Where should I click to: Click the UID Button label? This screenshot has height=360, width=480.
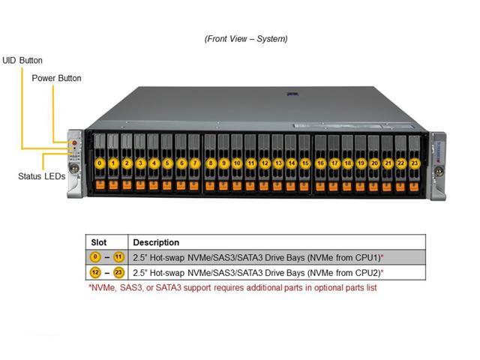coord(22,60)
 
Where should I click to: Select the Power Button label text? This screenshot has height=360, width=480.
coord(56,78)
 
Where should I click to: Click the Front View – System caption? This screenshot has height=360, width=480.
coord(245,38)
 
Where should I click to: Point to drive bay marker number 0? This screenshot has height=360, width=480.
coord(100,162)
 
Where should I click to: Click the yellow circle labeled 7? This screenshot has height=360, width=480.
coord(194,162)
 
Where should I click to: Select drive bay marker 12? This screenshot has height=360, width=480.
coord(264,162)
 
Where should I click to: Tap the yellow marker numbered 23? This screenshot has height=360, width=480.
coord(414,162)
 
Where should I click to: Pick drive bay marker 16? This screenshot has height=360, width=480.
coord(320,162)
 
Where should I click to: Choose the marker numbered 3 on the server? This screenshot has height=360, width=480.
coord(140,162)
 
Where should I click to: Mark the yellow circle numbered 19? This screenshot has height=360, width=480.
coord(361,162)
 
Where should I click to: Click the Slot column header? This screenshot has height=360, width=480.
coord(99,242)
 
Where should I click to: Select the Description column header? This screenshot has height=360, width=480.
coord(156,242)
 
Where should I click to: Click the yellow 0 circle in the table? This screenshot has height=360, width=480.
coord(96,257)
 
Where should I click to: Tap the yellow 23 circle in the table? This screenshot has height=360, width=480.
coord(118,273)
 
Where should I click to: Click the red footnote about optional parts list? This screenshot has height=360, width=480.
coord(232,287)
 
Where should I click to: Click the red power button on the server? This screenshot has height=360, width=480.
coord(75,140)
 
